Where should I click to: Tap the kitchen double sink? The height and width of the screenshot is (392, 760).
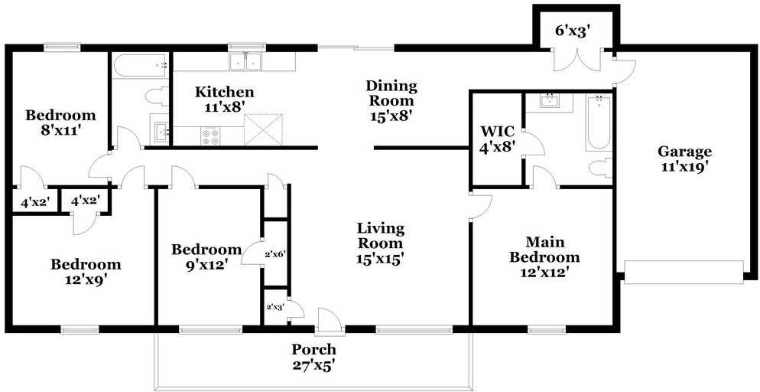pos(245,61)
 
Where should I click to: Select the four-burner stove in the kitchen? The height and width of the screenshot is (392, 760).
pos(210,136)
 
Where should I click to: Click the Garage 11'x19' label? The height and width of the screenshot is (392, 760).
pos(684,158)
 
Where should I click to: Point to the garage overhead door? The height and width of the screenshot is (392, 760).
pos(684,272)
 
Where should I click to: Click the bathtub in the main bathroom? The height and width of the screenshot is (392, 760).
pos(599,122)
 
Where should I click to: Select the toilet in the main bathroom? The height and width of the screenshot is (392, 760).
pos(600,168)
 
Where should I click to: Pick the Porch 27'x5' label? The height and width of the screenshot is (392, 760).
pos(313,357)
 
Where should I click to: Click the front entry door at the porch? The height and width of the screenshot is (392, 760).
pos(330,322)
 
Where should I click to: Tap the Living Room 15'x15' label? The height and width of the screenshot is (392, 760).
pos(381,243)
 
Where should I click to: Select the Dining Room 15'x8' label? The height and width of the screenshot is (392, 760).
pos(391,101)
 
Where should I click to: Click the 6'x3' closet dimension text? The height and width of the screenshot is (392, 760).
pos(574,31)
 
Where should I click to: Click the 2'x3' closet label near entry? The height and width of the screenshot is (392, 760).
pos(275,306)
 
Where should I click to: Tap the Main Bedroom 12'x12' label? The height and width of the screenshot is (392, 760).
pos(544,257)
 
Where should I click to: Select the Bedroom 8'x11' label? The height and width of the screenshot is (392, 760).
pos(60,123)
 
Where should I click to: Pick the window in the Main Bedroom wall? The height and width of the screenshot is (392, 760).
pos(547,330)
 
